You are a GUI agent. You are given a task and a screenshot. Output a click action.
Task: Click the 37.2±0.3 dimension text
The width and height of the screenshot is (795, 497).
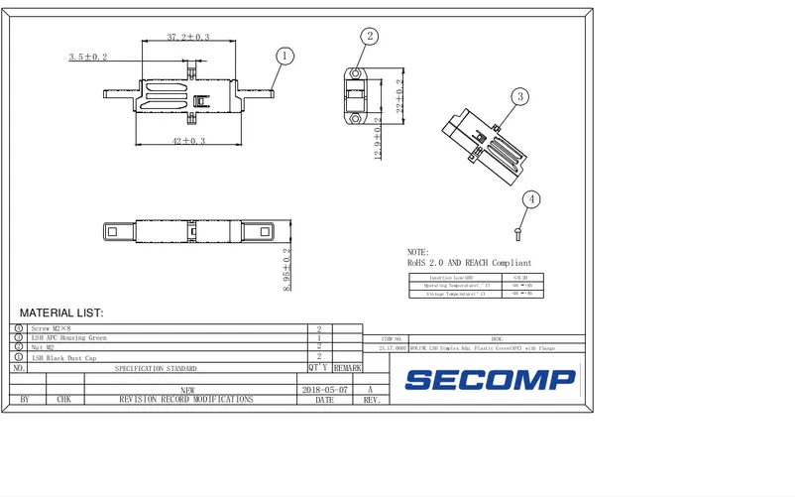point(187,37)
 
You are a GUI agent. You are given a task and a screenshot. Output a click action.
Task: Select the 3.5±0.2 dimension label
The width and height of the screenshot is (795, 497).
point(88,58)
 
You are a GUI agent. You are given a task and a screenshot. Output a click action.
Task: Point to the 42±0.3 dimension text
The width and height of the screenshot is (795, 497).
point(187,142)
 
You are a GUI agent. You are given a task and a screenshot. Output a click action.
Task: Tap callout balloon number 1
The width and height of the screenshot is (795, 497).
point(284,57)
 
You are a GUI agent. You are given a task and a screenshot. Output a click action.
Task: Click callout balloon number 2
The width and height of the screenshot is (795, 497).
point(370,37)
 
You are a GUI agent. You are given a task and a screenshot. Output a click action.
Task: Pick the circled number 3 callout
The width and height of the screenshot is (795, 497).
point(520,96)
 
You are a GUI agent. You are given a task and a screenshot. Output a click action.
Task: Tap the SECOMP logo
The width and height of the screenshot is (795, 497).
point(491,379)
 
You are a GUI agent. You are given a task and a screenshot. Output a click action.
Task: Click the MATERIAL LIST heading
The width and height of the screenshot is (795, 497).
point(61,312)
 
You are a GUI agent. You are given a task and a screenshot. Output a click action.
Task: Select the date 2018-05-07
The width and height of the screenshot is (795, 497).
point(324,390)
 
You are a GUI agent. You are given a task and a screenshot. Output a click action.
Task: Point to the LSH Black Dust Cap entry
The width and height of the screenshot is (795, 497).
point(63,357)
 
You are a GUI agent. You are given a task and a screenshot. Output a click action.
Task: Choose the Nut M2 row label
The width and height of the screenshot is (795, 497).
point(44,347)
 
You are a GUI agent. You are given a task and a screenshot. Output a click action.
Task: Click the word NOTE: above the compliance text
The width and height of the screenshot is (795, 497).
point(418,253)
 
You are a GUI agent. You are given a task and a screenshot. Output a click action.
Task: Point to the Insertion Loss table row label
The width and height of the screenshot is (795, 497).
point(451,278)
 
